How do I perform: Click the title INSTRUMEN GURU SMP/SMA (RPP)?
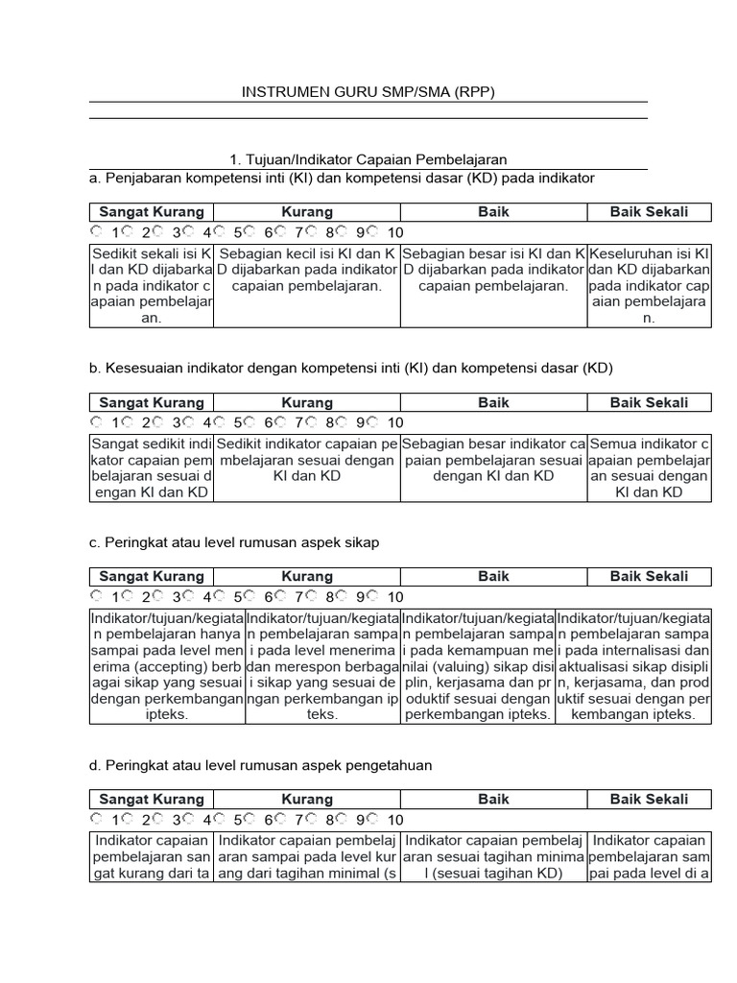pyautogui.click(x=368, y=92)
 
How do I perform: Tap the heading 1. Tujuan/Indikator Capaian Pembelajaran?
pyautogui.click(x=368, y=159)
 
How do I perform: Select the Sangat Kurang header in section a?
pyautogui.click(x=152, y=212)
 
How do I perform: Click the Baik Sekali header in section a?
pyautogui.click(x=649, y=212)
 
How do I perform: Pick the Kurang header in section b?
pyautogui.click(x=307, y=403)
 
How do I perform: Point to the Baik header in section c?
pyautogui.click(x=493, y=577)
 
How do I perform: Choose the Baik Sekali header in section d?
pyautogui.click(x=649, y=799)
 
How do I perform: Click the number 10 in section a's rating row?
pyautogui.click(x=395, y=233)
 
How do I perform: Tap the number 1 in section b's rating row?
pyautogui.click(x=115, y=423)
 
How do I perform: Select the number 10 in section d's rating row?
pyautogui.click(x=395, y=820)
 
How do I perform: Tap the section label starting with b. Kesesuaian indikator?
pyautogui.click(x=350, y=368)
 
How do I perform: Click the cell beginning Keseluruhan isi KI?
pyautogui.click(x=649, y=285)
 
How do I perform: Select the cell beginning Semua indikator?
pyautogui.click(x=649, y=468)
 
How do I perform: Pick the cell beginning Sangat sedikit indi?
pyautogui.click(x=152, y=468)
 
